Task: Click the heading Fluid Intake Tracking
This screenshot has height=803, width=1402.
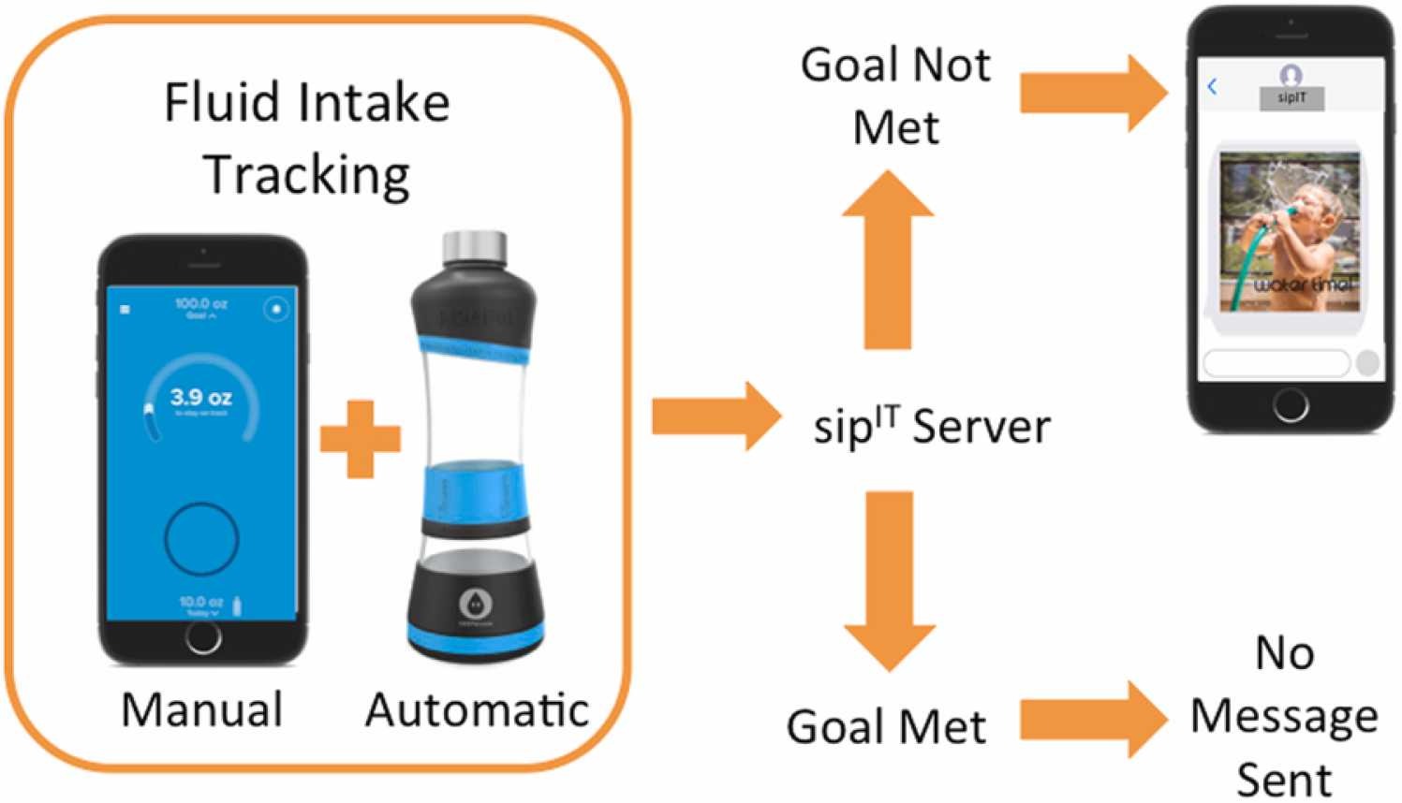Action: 307,139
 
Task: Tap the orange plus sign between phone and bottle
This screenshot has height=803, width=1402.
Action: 361,439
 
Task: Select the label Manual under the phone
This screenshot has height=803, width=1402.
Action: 202,709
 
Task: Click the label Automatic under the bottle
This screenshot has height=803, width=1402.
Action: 477,709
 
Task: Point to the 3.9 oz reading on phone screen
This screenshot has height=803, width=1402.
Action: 200,397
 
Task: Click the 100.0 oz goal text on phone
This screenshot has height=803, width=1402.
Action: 200,304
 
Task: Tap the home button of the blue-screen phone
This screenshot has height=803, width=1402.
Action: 202,638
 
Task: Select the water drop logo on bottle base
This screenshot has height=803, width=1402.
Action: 475,603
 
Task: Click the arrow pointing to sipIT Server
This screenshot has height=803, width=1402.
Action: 716,415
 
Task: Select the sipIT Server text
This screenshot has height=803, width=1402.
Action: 932,427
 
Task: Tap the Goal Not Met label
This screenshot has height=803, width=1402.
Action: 895,95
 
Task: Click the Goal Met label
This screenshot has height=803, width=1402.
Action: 886,726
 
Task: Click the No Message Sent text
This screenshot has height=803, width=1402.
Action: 1284,717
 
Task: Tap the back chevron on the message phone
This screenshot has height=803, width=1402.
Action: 1212,87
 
